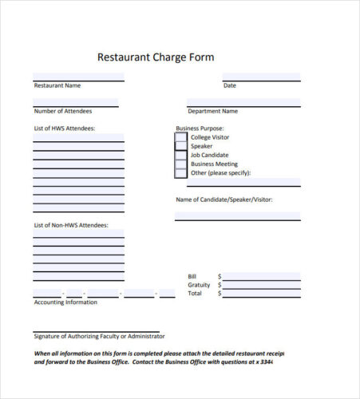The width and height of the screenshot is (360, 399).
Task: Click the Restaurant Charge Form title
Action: click(156, 57)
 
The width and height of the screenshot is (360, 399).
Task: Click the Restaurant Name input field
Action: click(78, 77)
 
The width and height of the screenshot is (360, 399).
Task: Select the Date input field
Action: click(261, 77)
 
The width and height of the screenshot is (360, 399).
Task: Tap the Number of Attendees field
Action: click(75, 103)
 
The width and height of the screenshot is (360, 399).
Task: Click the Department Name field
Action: click(243, 103)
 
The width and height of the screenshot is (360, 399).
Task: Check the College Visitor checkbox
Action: click(181, 137)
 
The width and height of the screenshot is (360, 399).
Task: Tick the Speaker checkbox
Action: click(181, 146)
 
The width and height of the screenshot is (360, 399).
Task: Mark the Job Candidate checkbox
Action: click(181, 155)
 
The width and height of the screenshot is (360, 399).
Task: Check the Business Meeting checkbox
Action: click(181, 164)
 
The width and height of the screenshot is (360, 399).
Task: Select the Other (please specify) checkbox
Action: click(181, 172)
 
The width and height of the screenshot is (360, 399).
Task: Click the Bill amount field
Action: click(262, 276)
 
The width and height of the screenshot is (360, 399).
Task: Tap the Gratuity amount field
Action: click(262, 285)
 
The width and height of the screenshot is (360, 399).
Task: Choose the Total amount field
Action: click(262, 294)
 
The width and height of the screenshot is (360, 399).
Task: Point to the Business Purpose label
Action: click(200, 128)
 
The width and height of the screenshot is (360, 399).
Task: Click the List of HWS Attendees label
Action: click(65, 128)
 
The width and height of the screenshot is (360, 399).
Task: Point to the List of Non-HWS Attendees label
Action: click(70, 225)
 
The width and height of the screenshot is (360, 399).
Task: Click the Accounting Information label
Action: click(65, 302)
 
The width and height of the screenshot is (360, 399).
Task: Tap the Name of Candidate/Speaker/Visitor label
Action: click(224, 199)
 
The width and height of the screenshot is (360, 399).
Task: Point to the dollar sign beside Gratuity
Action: click(220, 285)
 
